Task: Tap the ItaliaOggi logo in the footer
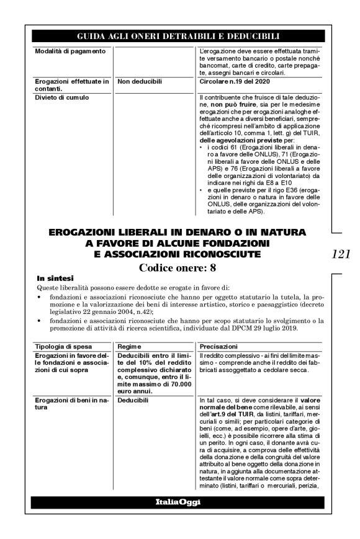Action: click(180, 501)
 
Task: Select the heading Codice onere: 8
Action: click(180, 269)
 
